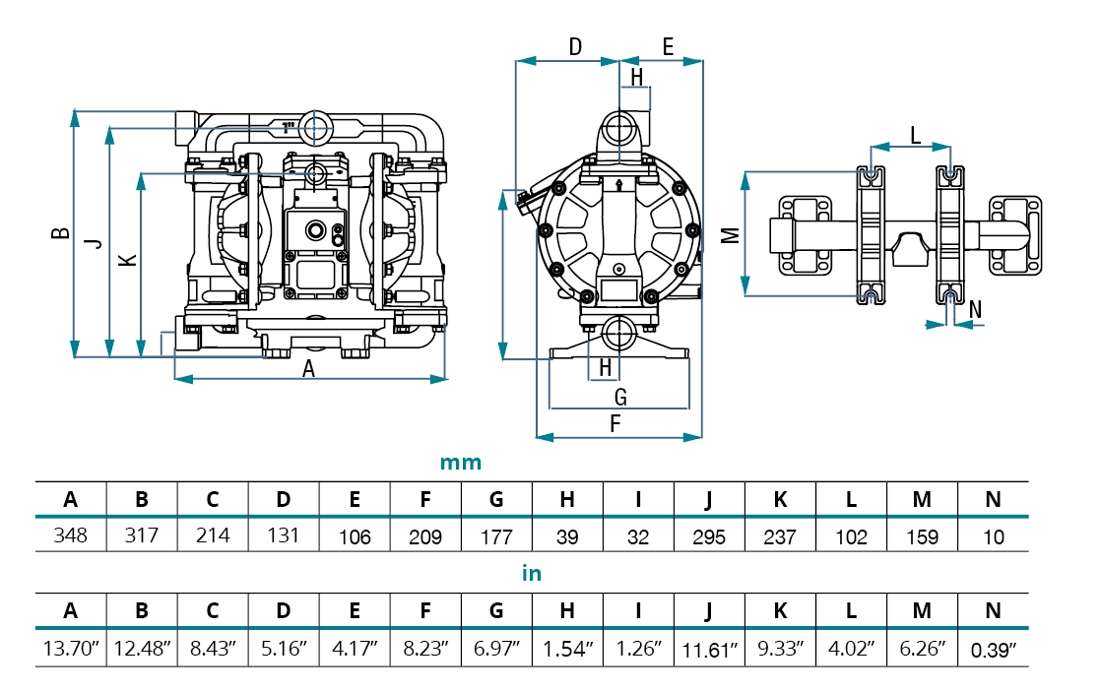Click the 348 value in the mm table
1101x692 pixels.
[71, 536]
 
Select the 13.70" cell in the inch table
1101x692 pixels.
[71, 649]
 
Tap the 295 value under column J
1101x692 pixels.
[709, 537]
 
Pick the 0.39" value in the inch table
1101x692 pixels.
[993, 650]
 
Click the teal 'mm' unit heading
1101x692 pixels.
[461, 463]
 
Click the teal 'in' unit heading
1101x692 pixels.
[532, 574]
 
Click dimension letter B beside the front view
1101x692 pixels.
[61, 233]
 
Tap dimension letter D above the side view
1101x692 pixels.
[576, 46]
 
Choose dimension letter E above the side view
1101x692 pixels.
[667, 46]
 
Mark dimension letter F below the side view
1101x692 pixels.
[616, 424]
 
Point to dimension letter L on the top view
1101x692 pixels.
[915, 135]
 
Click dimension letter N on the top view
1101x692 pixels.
[975, 309]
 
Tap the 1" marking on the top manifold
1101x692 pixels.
[289, 127]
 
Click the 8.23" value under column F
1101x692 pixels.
[425, 650]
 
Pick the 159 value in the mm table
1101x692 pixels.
[922, 537]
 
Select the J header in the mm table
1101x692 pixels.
[709, 499]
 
